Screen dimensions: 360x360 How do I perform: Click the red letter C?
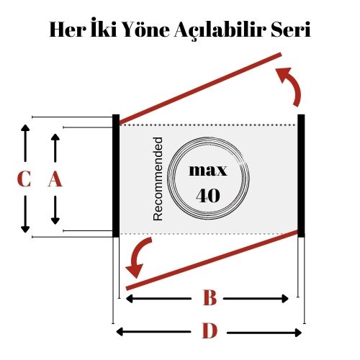pyautogui.click(x=24, y=179)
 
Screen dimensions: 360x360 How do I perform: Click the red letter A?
pyautogui.click(x=55, y=179)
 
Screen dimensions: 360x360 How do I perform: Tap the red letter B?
pyautogui.click(x=210, y=297)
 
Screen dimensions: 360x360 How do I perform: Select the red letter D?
pyautogui.click(x=210, y=330)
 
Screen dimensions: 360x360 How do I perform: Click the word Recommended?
pyautogui.click(x=158, y=179)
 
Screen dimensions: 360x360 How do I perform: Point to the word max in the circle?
pyautogui.click(x=208, y=171)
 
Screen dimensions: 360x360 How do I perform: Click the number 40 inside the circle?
pyautogui.click(x=208, y=195)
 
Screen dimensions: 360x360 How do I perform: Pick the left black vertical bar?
pyautogui.click(x=116, y=176)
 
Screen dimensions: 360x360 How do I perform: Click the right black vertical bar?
pyautogui.click(x=301, y=176)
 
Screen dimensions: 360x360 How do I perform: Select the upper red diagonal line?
pyautogui.click(x=201, y=89)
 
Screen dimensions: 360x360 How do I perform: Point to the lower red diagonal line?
pyautogui.click(x=212, y=260)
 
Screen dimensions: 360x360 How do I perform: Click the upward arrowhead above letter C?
pyautogui.click(x=25, y=128)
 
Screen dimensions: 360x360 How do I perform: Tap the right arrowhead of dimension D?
pyautogui.click(x=298, y=333)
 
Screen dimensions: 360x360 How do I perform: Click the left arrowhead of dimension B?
pyautogui.click(x=130, y=299)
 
